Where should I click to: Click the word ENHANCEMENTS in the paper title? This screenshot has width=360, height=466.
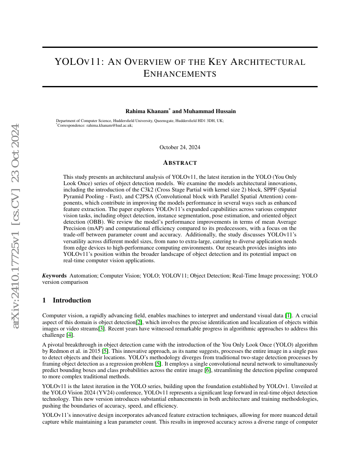coord(180,74)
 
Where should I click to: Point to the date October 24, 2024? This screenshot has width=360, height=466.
coord(180,147)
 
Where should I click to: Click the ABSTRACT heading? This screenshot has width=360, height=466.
coord(180,163)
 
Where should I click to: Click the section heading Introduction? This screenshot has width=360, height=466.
coord(72,300)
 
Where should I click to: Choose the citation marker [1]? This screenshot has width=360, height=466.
coord(288,316)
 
